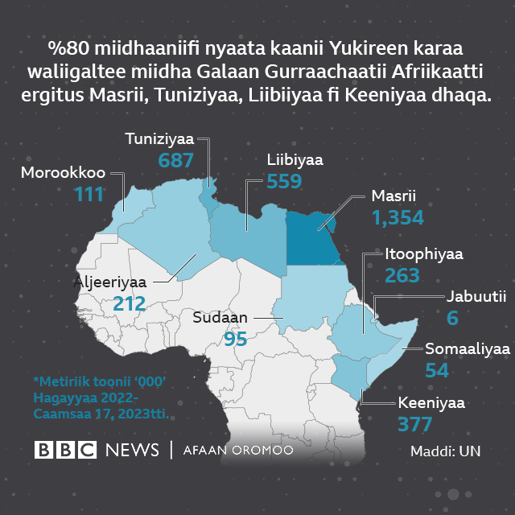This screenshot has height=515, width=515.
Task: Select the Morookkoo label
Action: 64,173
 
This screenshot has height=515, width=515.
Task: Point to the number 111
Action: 89,194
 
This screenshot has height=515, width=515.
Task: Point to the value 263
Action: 402,275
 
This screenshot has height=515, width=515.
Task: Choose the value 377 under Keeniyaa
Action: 415,423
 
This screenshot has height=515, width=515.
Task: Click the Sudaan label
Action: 220,317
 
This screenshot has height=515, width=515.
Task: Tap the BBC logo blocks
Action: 65,450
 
